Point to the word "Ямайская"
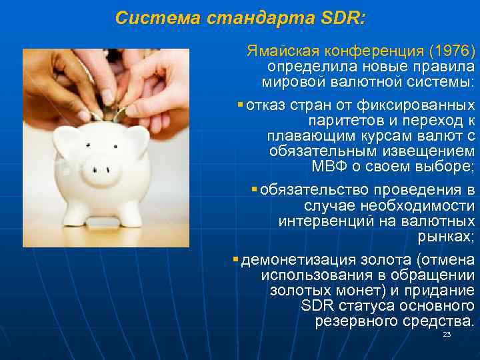pos(277,51)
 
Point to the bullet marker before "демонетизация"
pos(236,258)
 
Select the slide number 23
pos(447,334)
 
